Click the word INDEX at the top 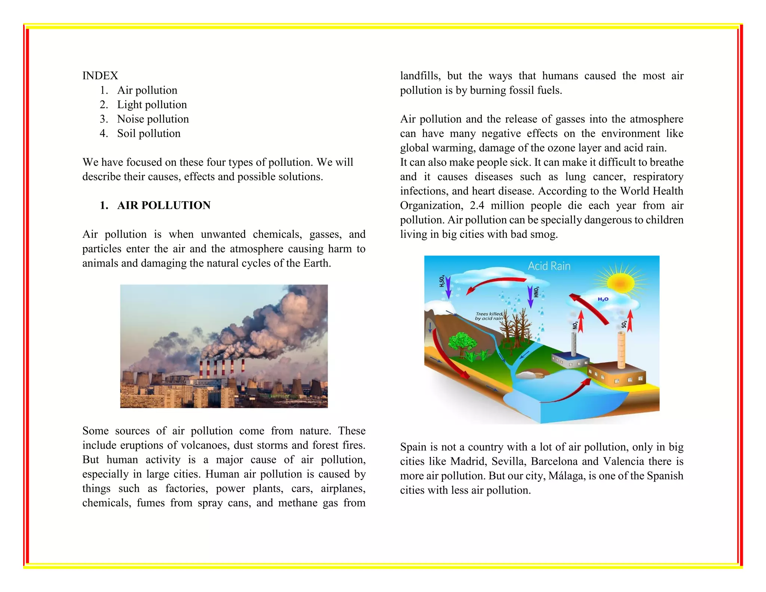(x=100, y=76)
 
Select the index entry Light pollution (x=152, y=105)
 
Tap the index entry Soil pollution (x=148, y=134)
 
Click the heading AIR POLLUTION (x=164, y=205)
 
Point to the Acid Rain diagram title (x=549, y=266)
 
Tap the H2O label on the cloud (x=603, y=299)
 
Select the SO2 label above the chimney (x=624, y=324)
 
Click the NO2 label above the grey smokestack (x=575, y=325)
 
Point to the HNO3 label (x=536, y=292)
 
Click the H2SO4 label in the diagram (x=442, y=281)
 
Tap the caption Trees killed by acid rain (x=489, y=317)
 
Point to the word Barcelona (x=554, y=461)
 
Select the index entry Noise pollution (x=153, y=119)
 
